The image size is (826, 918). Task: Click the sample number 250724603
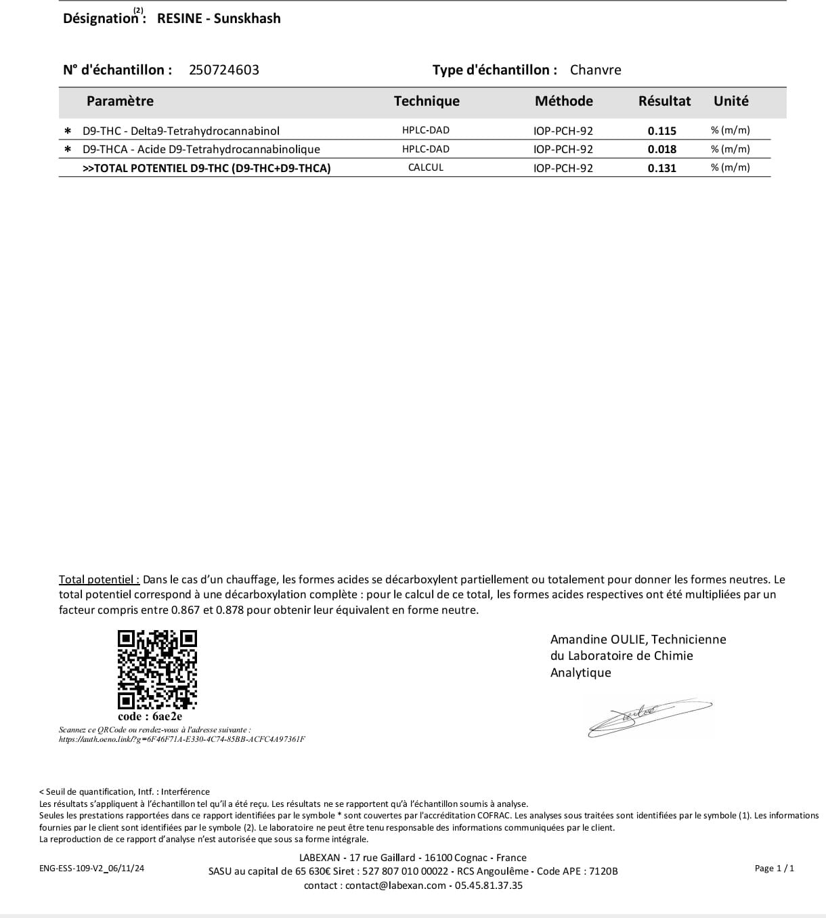pyautogui.click(x=223, y=70)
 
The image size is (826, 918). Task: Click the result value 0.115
pyautogui.click(x=661, y=131)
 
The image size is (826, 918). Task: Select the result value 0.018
pyautogui.click(x=661, y=149)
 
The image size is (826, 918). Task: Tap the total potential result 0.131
pyautogui.click(x=661, y=168)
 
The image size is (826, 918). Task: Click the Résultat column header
pyautogui.click(x=664, y=101)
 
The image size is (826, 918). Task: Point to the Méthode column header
pyautogui.click(x=563, y=101)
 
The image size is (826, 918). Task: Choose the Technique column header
pyautogui.click(x=427, y=101)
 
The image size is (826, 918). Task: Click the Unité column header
pyautogui.click(x=731, y=101)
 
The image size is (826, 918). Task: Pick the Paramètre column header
pyautogui.click(x=120, y=101)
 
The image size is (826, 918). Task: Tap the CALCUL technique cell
pyautogui.click(x=425, y=167)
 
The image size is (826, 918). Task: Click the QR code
pyautogui.click(x=157, y=669)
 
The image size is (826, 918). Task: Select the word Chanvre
pyautogui.click(x=595, y=70)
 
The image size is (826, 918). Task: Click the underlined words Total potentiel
pyautogui.click(x=99, y=579)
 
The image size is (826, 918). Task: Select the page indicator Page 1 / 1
pyautogui.click(x=774, y=868)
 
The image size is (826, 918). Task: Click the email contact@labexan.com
pyautogui.click(x=395, y=885)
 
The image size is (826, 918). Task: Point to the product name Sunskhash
pyautogui.click(x=247, y=18)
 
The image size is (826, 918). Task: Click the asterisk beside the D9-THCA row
pyautogui.click(x=67, y=149)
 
